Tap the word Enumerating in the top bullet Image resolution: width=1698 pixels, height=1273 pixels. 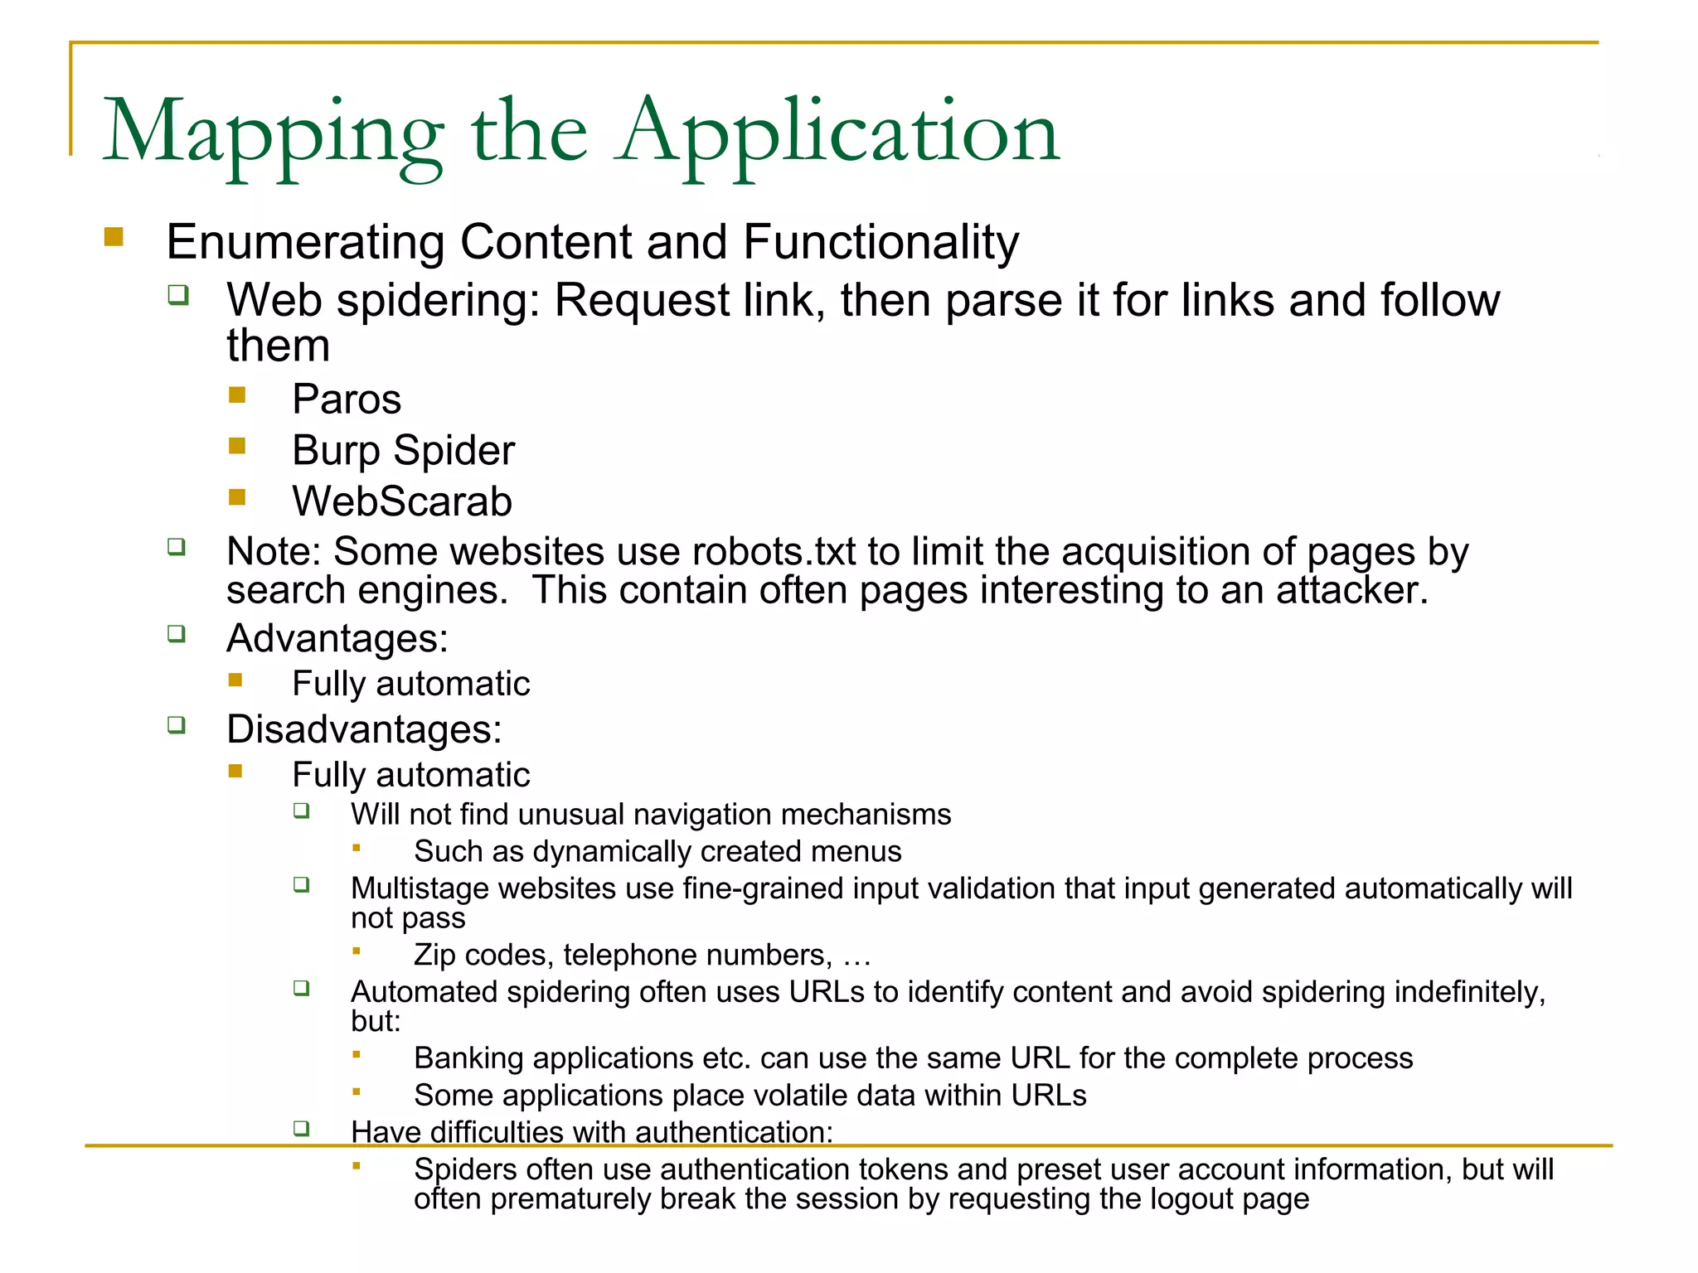coord(306,242)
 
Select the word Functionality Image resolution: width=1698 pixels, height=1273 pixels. coord(881,242)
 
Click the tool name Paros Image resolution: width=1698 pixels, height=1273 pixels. coord(347,399)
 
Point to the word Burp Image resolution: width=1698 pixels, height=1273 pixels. coord(336,452)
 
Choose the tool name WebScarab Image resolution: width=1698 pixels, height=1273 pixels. coord(402,501)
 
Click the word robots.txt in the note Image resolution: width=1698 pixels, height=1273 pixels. coord(774,552)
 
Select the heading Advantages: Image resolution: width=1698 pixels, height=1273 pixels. coord(337,639)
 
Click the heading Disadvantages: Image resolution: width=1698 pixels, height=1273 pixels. coord(364,730)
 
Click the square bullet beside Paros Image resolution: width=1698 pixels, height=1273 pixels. coord(238,395)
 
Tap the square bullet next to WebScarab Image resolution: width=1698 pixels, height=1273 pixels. coord(238,497)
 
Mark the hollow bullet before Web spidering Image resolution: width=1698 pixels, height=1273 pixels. coord(178,295)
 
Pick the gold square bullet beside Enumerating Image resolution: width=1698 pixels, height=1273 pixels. coord(114,238)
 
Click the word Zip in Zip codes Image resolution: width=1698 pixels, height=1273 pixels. coord(434,956)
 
